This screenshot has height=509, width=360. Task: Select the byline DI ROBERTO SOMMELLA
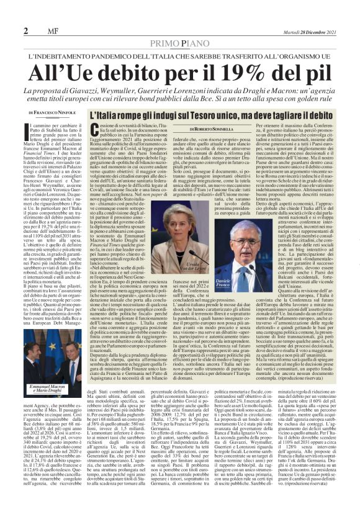(214, 129)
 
